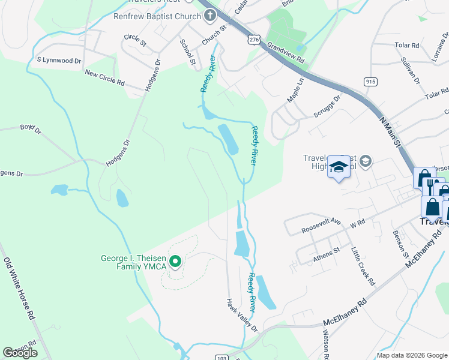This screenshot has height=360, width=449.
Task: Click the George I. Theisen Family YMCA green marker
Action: pos(175,261)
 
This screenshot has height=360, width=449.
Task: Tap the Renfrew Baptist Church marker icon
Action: pos(209,16)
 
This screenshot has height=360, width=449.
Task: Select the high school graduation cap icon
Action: pos(339,167)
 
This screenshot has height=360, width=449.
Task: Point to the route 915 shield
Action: pos(370,81)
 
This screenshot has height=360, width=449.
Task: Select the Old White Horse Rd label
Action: pos(20,288)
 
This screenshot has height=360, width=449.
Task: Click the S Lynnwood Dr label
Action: pos(59,61)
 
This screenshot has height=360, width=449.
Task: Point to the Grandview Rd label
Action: pos(286,52)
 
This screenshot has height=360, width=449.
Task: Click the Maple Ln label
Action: pos(295,89)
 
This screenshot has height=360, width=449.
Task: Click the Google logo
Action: pos(20,353)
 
